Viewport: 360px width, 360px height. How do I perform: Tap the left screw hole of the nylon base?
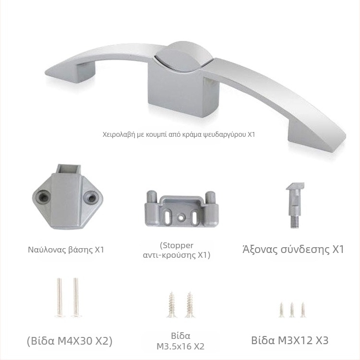coord(43,197)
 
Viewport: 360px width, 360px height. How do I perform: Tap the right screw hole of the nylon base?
coord(91,197)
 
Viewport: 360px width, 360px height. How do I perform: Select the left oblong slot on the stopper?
coord(168,217)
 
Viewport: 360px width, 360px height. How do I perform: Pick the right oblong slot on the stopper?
coord(195,217)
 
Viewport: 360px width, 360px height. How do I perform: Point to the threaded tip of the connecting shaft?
coord(294,222)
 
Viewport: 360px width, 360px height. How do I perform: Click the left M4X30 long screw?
coord(60,298)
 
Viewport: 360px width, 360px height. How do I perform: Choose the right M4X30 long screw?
coord(76,298)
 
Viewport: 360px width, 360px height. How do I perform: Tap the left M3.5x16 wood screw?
coord(171,305)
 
